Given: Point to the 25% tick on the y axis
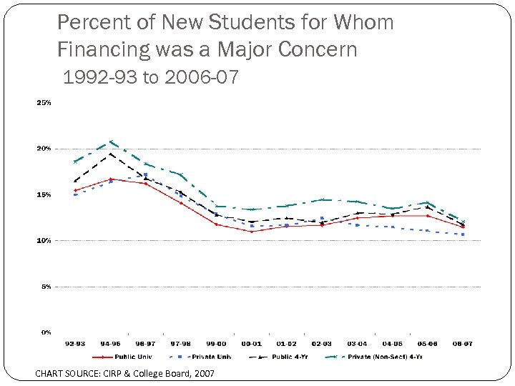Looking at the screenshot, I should coord(44,103).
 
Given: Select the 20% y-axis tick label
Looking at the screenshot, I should coord(44,149).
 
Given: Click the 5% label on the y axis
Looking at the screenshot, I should coord(45,287).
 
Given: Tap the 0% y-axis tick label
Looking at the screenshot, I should coord(45,332).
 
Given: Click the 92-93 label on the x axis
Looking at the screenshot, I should coord(75,344).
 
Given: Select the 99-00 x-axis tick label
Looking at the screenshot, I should coord(216,344).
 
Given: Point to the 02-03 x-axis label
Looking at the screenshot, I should coord(321,344).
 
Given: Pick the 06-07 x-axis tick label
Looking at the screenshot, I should coord(462,344).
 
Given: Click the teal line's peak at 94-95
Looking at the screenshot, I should coord(111,142).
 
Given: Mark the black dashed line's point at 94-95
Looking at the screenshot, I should coord(111,154).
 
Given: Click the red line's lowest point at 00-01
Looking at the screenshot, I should coord(251,232).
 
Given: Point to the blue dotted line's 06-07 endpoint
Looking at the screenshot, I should coord(463,234).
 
